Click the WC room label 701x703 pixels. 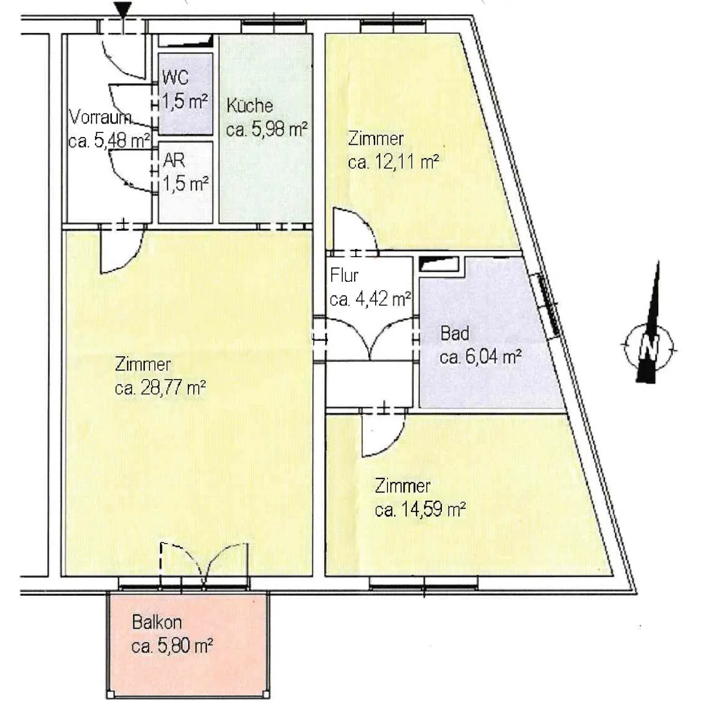point(175,77)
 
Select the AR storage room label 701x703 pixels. point(174,160)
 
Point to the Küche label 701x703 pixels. point(250,106)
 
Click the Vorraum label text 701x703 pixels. point(100,118)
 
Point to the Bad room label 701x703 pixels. point(455,333)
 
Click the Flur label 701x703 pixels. point(344,275)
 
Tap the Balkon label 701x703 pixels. point(157,622)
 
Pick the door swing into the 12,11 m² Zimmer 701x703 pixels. point(354,230)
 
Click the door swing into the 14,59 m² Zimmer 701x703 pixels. point(383,435)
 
